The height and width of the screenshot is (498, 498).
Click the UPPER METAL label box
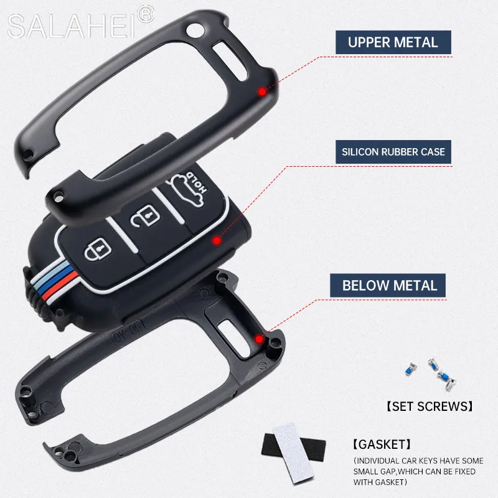pos(393,43)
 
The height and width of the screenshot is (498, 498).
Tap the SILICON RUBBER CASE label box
pos(392,151)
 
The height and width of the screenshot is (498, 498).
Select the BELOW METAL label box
pos(390,286)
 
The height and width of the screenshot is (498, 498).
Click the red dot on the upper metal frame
pos(262,92)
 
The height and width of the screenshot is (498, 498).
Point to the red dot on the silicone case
pos(217,240)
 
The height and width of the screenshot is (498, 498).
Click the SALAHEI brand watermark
pos(72,26)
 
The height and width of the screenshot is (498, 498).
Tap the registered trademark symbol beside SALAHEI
pos(144,13)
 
